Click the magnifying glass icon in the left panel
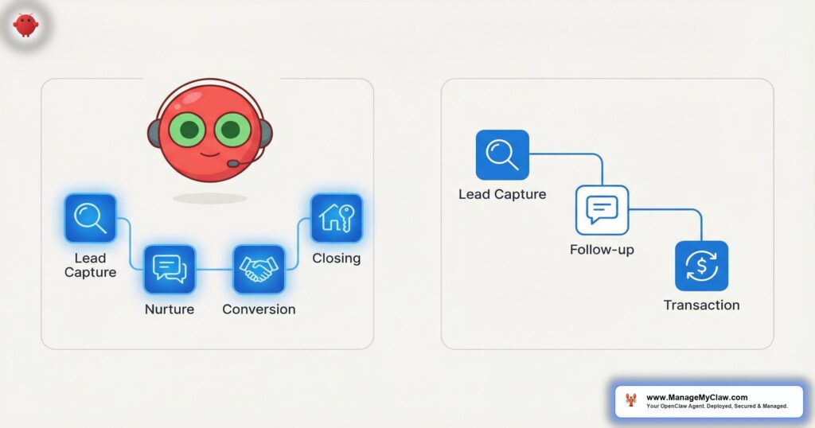[91, 218]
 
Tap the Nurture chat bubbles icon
[170, 269]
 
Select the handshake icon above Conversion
[259, 269]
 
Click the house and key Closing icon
[337, 218]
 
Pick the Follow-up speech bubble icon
[602, 210]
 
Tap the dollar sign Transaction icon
[702, 266]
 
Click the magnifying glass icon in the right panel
[503, 155]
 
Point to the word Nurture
[170, 309]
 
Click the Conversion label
[259, 309]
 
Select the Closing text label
[337, 258]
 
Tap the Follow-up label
[602, 250]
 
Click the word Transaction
[702, 305]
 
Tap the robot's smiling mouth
[210, 154]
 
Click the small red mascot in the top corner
[26, 25]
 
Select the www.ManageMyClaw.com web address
[697, 397]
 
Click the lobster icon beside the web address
[631, 400]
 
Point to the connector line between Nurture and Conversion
[214, 270]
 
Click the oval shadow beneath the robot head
[209, 198]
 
